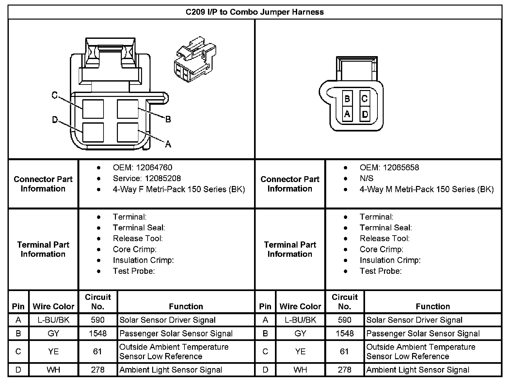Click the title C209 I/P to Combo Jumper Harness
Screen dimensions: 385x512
point(255,12)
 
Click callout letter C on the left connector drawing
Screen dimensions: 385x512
point(55,95)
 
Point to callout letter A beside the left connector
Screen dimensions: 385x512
point(168,144)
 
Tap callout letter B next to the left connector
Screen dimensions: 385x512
point(168,119)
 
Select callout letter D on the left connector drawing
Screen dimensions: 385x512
point(55,120)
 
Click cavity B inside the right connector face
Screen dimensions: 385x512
point(347,99)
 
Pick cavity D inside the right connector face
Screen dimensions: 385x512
point(365,114)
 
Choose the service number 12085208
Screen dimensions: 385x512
point(158,178)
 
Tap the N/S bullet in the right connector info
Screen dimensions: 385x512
point(366,178)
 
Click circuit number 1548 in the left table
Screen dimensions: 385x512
point(98,333)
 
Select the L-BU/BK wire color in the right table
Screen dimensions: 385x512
point(300,320)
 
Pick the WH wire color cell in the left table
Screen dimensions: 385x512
point(54,370)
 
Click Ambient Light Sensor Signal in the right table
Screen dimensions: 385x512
point(418,370)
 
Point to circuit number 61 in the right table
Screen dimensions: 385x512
point(344,351)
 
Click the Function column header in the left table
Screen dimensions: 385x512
point(186,306)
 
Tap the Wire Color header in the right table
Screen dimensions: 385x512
point(300,306)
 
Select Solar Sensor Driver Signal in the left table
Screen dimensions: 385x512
point(168,320)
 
